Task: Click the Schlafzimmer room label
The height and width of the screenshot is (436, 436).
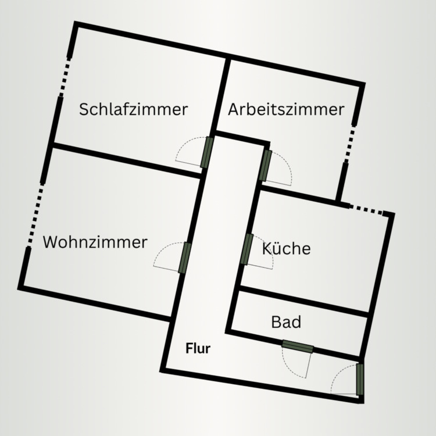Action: point(134,109)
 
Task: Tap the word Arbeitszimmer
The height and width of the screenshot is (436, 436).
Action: point(286,109)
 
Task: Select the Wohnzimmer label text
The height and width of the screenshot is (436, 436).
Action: point(95,242)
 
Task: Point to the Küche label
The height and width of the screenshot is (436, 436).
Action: point(286,249)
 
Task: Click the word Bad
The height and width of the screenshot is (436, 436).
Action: point(286,321)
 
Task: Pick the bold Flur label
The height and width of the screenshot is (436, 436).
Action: point(198,349)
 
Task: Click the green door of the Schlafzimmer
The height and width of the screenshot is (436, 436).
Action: point(208,152)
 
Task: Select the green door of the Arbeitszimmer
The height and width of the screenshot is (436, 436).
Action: point(266,165)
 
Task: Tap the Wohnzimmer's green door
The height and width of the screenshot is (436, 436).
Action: point(185,258)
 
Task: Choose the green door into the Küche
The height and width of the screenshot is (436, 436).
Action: point(247,249)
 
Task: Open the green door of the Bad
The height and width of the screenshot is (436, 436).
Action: point(298,347)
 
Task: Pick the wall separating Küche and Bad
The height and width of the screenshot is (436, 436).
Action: point(304,302)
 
